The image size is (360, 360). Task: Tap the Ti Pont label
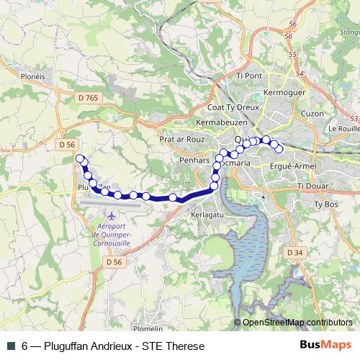point(248,75)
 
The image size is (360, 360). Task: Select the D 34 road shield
point(294,253)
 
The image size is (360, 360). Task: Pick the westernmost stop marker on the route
point(79,159)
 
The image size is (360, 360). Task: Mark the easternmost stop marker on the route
point(279,149)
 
